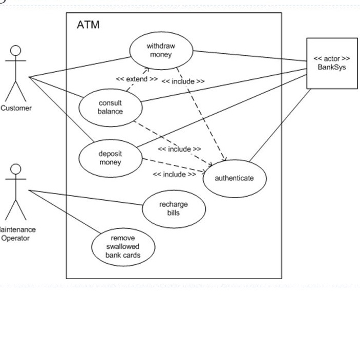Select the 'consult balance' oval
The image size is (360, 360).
click(x=110, y=107)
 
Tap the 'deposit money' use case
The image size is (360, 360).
click(x=110, y=158)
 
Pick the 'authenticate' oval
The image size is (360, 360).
click(x=234, y=178)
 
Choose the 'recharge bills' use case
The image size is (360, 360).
click(x=173, y=208)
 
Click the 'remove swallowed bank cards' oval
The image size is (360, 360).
click(x=123, y=247)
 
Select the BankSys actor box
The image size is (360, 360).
click(x=331, y=63)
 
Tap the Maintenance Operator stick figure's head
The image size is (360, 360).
click(x=16, y=169)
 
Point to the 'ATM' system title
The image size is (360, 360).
click(x=88, y=25)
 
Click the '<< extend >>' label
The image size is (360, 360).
click(x=137, y=79)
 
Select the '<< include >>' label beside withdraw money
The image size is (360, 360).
click(x=183, y=81)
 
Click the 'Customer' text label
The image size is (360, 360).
click(x=16, y=108)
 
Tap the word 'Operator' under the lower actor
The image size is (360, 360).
click(x=15, y=238)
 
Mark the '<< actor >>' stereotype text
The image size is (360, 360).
click(x=332, y=59)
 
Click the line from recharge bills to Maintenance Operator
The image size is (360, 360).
click(x=87, y=198)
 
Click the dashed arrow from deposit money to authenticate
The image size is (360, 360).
click(x=174, y=165)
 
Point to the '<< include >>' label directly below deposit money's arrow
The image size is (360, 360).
click(x=174, y=175)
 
